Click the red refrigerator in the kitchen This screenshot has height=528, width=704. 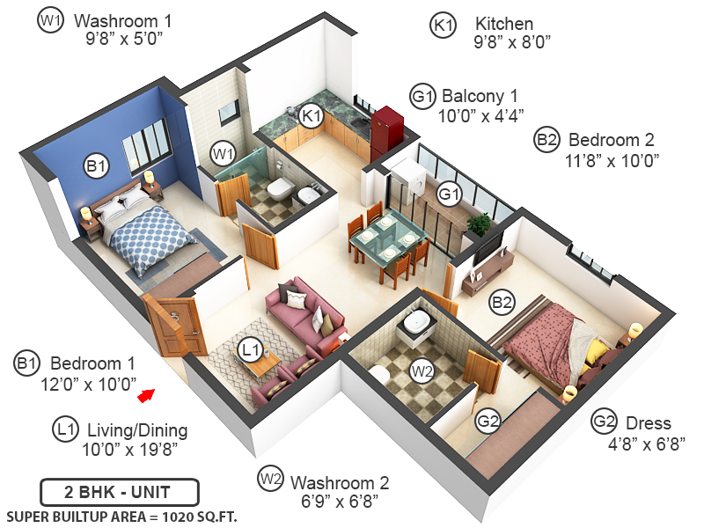tap(385, 128)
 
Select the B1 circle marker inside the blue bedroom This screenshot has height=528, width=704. tap(96, 165)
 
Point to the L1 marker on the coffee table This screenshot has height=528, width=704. tap(252, 350)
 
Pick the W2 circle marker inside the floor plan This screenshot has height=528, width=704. tap(423, 370)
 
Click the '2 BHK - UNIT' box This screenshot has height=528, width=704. tap(120, 491)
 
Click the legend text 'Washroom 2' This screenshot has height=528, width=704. tap(340, 483)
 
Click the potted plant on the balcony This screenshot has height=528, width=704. tap(479, 224)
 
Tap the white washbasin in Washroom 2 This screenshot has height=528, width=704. tap(414, 325)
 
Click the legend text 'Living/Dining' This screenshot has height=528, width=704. tap(136, 430)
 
